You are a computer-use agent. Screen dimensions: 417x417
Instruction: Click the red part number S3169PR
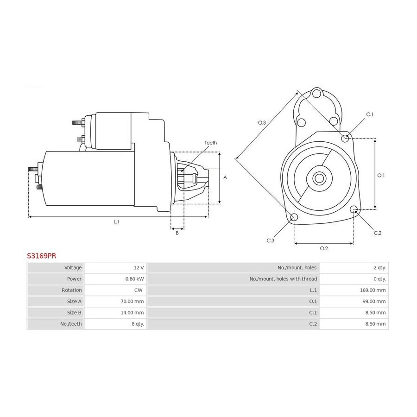(x=42, y=256)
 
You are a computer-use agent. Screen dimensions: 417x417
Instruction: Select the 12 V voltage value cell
(x=139, y=267)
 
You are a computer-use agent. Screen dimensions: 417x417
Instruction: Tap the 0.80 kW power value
(x=134, y=279)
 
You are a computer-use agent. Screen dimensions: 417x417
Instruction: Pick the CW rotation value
(x=138, y=290)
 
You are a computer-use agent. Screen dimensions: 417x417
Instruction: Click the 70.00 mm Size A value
(x=132, y=301)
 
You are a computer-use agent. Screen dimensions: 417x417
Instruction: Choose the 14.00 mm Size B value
(x=132, y=312)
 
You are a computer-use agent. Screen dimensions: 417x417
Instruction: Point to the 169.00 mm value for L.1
(x=373, y=290)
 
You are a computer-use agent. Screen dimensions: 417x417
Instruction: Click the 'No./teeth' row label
(x=71, y=324)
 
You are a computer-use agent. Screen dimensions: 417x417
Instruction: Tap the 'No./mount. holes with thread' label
(x=283, y=279)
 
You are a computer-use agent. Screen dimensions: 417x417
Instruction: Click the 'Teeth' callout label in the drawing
(x=211, y=143)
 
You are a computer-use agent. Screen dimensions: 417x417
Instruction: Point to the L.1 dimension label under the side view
(x=116, y=221)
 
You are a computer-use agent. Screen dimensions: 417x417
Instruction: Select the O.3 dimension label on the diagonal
(x=262, y=123)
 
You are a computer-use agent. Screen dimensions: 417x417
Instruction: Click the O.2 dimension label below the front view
(x=324, y=248)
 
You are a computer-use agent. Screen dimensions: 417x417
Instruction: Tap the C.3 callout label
(x=271, y=240)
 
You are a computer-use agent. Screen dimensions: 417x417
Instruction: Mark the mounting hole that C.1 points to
(x=345, y=138)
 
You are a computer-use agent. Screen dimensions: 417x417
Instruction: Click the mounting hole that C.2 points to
(x=354, y=209)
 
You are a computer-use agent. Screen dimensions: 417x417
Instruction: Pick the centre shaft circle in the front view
(x=319, y=178)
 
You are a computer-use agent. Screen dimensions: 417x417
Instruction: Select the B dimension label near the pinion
(x=177, y=233)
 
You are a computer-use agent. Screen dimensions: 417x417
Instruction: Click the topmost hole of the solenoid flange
(x=316, y=94)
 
